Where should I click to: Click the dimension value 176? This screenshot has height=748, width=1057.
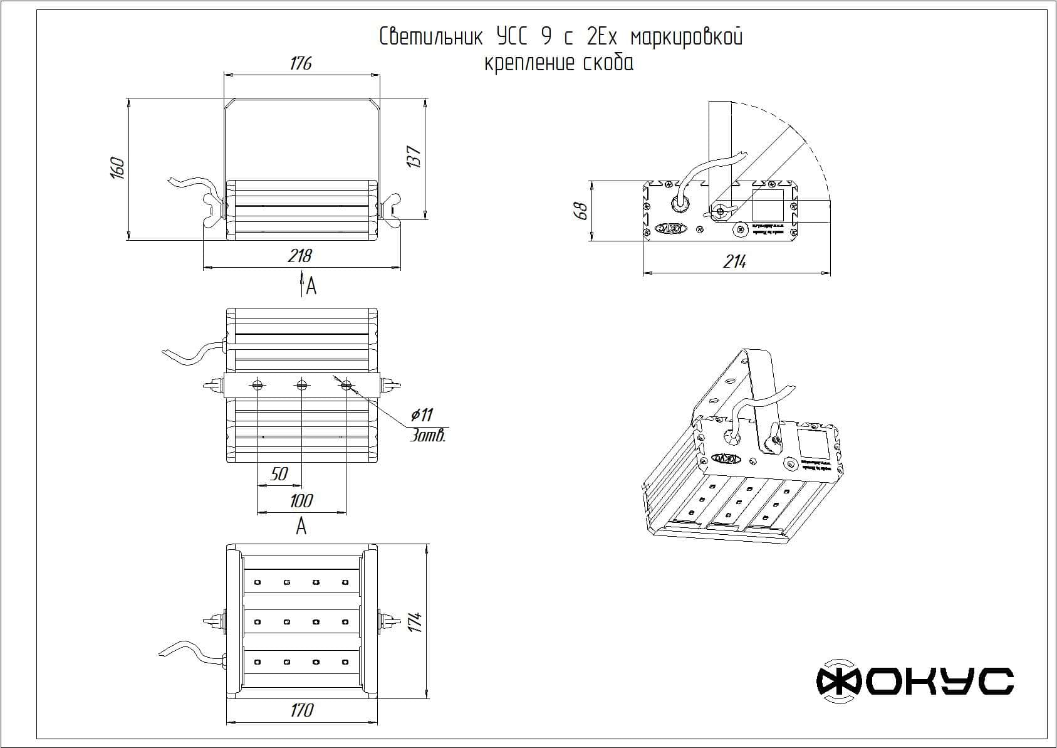(x=301, y=63)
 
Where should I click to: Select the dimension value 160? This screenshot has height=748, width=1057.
(x=117, y=168)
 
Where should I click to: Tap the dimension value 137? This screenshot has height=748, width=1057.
(x=414, y=156)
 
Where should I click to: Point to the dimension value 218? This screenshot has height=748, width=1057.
(x=299, y=256)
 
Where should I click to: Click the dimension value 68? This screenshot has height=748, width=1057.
(x=581, y=210)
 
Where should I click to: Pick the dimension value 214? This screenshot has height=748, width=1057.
(x=734, y=262)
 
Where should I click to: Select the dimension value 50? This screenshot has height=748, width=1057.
(x=279, y=474)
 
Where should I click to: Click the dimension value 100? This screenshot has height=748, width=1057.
(x=301, y=501)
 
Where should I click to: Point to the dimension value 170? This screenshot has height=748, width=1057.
(x=301, y=710)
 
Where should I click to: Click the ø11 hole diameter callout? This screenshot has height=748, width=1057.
(x=422, y=414)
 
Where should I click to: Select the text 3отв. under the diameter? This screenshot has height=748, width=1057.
(x=427, y=436)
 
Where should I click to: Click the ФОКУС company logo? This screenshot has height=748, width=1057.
(x=914, y=680)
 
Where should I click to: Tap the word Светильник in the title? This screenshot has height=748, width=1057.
(x=431, y=37)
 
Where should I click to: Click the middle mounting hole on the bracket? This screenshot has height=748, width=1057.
(x=301, y=385)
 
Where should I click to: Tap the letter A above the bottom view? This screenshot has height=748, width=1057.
(x=301, y=526)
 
